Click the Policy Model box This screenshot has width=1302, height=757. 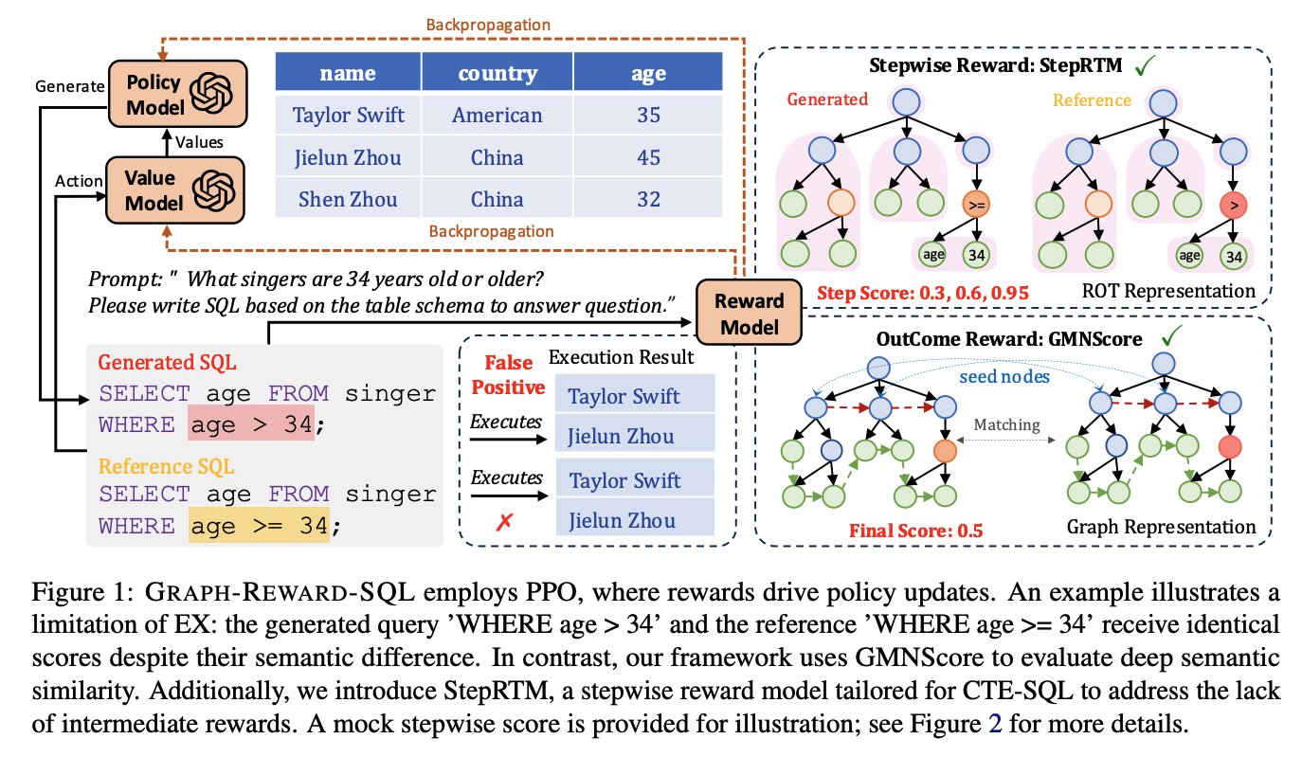pyautogui.click(x=176, y=94)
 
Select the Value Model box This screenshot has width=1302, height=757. pyautogui.click(x=176, y=189)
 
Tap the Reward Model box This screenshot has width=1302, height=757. pyautogui.click(x=749, y=314)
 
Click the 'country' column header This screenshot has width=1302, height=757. pyautogui.click(x=497, y=73)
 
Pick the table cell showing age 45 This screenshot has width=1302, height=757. pyautogui.click(x=648, y=157)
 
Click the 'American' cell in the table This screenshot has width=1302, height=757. pyautogui.click(x=497, y=116)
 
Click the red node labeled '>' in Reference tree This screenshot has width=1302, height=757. pyautogui.click(x=1231, y=205)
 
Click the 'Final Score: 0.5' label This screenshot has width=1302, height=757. pyautogui.click(x=915, y=530)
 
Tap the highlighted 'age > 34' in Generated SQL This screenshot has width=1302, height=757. pyautogui.click(x=250, y=425)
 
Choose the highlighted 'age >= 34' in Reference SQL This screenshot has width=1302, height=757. pyautogui.click(x=258, y=525)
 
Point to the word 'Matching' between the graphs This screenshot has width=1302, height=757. pyautogui.click(x=1006, y=425)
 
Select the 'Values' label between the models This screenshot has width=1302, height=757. pyautogui.click(x=199, y=142)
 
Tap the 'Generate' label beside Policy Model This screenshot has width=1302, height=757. pyautogui.click(x=69, y=86)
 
